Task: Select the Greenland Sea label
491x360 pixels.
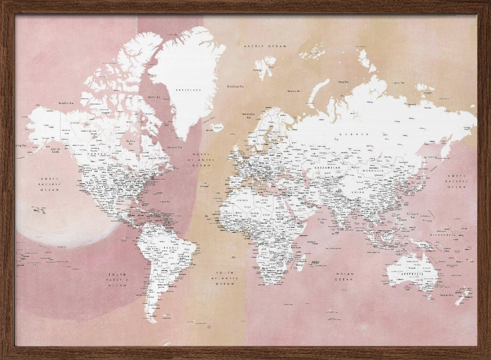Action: pyautogui.click(x=236, y=86)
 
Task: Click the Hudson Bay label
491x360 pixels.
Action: pyautogui.click(x=131, y=142)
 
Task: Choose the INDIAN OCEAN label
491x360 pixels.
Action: pyautogui.click(x=344, y=277)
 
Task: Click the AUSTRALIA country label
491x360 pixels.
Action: pyautogui.click(x=412, y=269)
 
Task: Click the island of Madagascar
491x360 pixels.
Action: pyautogui.click(x=300, y=262)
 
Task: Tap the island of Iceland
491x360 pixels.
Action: pyautogui.click(x=217, y=127)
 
